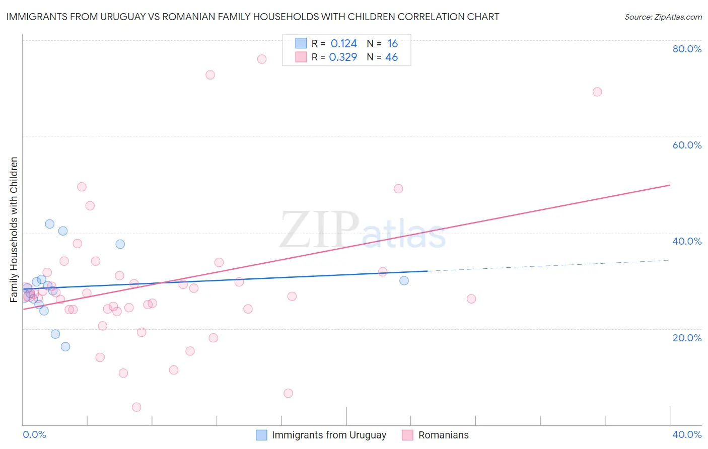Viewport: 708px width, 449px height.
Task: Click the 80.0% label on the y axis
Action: [x=687, y=49]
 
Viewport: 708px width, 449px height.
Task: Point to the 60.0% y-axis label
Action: [x=687, y=145]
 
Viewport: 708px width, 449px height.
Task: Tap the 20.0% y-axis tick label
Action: [x=687, y=338]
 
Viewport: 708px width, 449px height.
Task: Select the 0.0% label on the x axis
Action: [x=34, y=435]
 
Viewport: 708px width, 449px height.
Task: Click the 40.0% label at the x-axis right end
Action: [x=687, y=435]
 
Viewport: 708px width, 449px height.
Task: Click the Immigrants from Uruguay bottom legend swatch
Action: [x=261, y=435]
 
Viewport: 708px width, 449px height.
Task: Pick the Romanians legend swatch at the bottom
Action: [x=407, y=435]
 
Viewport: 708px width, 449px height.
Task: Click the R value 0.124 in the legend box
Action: [x=343, y=44]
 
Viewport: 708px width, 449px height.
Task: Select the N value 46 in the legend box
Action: [x=391, y=57]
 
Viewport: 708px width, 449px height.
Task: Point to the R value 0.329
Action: [x=343, y=57]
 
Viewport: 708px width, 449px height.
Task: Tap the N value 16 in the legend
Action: [x=392, y=44]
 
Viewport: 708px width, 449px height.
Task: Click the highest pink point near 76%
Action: [x=262, y=59]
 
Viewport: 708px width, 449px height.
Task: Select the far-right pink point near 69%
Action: [x=597, y=92]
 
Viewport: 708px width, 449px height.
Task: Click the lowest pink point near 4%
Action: [x=136, y=407]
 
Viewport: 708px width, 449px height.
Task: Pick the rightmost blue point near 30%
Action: [x=404, y=281]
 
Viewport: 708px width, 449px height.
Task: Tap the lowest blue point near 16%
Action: [x=65, y=347]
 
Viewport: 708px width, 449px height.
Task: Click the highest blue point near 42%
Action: [x=49, y=224]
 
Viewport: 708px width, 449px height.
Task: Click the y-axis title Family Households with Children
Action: [x=14, y=230]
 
